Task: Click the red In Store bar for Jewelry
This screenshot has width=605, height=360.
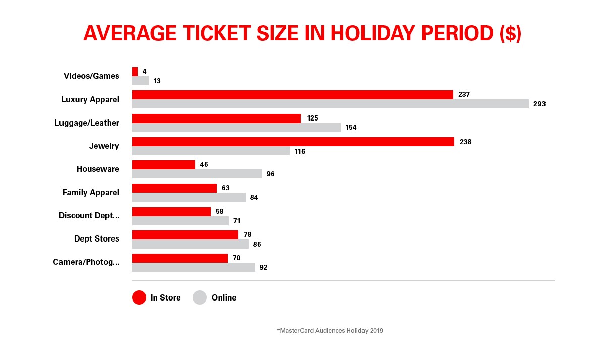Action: [292, 142]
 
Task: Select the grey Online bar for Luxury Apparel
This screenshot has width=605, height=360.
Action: [330, 104]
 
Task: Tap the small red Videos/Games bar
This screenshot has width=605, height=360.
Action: [135, 72]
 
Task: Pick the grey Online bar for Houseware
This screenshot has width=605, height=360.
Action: [197, 174]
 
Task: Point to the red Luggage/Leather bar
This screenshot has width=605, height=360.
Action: [216, 118]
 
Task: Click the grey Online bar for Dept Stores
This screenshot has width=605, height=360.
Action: [190, 244]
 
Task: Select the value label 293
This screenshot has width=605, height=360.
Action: [539, 104]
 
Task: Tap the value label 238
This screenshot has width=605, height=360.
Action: [465, 142]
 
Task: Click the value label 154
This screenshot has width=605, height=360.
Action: [350, 128]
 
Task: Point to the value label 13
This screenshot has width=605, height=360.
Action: [157, 81]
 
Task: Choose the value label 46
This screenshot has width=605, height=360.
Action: [204, 165]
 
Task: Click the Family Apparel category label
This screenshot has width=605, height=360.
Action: [91, 192]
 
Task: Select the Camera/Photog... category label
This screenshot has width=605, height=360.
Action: [86, 262]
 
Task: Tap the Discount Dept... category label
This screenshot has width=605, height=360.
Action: [89, 215]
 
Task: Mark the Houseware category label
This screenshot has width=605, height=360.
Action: [98, 169]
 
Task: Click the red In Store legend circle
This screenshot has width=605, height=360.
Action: [139, 297]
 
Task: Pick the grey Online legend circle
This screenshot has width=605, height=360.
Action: [200, 297]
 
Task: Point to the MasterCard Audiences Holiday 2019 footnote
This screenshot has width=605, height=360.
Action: [330, 331]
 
